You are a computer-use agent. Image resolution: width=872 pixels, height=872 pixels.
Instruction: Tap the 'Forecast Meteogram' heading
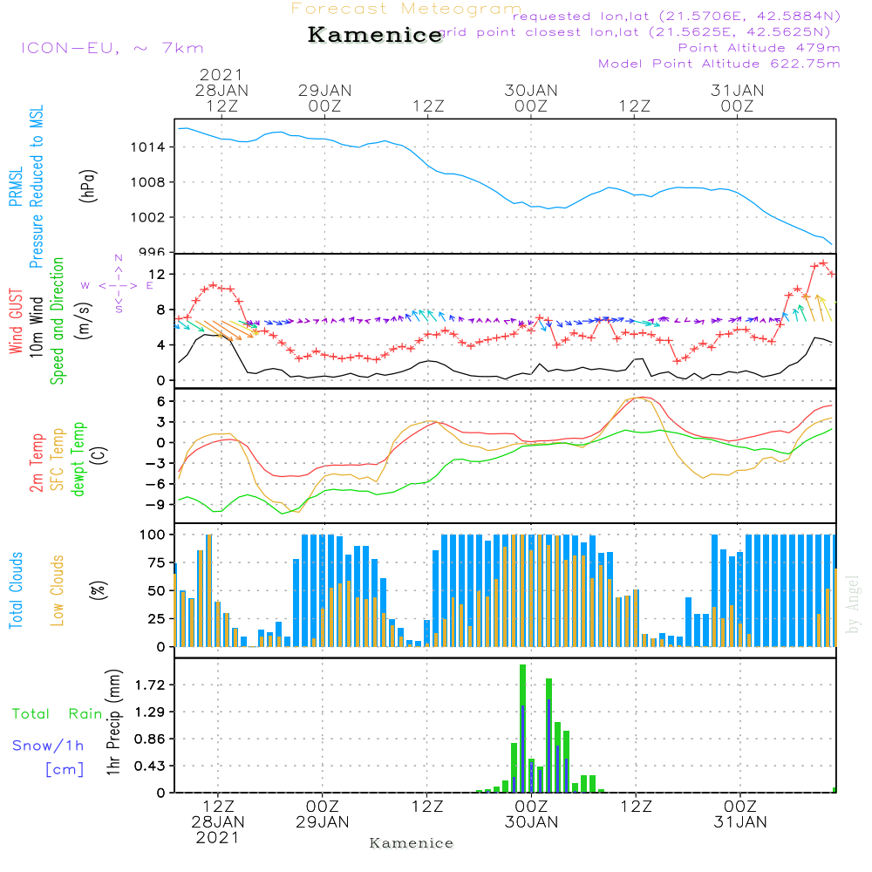[406, 10]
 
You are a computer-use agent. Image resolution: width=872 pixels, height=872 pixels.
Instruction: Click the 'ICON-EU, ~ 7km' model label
[112, 48]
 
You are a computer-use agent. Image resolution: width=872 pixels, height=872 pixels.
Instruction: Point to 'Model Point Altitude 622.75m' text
[719, 64]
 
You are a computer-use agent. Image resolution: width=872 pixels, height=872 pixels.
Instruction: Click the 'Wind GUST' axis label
[17, 323]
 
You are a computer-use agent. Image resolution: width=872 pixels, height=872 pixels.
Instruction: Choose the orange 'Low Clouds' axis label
[58, 590]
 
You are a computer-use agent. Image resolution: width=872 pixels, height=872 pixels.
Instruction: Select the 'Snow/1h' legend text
[49, 746]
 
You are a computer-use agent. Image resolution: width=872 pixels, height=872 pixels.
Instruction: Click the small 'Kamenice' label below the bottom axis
[412, 843]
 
